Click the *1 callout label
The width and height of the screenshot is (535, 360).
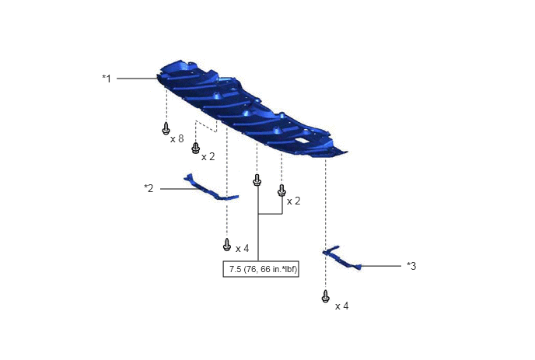coord(107,79)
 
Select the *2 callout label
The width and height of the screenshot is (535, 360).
coord(149,188)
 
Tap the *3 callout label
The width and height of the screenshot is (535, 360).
coord(411,266)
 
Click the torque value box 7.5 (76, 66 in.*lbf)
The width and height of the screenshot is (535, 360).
coord(261,269)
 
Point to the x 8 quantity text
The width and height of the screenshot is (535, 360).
coord(177,138)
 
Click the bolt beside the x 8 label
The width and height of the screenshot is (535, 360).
coord(166,128)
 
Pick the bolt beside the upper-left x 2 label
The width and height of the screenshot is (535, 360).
coord(195,148)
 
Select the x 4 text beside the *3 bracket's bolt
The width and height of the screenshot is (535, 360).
coord(342,306)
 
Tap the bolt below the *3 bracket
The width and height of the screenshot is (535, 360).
coord(326,296)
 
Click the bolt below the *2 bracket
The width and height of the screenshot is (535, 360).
coord(227,245)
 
